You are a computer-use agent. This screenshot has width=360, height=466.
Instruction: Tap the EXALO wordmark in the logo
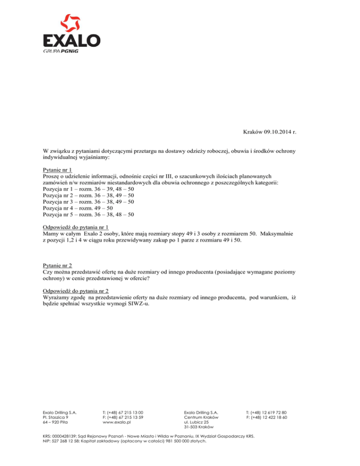71,41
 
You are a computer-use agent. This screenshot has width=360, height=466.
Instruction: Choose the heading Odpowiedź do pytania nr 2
75,290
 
